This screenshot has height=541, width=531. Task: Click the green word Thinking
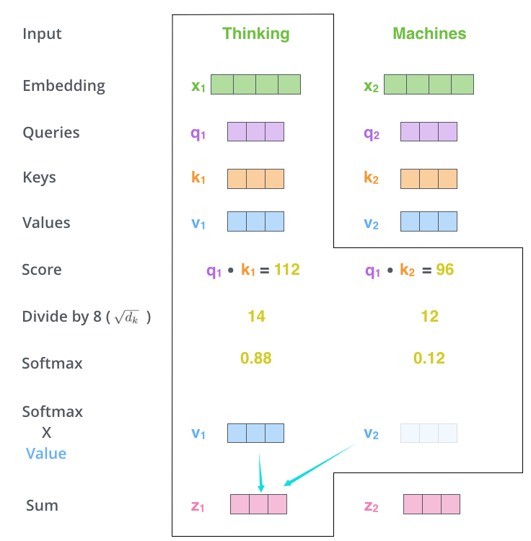[x=255, y=34]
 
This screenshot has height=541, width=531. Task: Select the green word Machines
[x=429, y=33]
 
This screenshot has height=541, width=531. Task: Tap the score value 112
[x=286, y=269]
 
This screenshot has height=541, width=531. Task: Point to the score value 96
[x=444, y=269]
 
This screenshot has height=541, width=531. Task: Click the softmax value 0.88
[x=256, y=358]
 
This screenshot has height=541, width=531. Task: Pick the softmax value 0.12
[x=429, y=358]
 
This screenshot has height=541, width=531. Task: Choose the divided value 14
[x=256, y=316]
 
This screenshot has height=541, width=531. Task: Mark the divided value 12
[x=429, y=316]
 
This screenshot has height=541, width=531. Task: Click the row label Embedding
[x=63, y=86]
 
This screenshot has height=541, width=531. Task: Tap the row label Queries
[x=51, y=133]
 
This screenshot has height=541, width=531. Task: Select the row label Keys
[x=40, y=177]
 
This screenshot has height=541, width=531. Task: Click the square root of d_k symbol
[x=127, y=317]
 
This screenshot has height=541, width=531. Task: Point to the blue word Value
[x=46, y=454]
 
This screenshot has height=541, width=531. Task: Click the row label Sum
[x=42, y=506]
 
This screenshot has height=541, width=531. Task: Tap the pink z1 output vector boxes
[x=258, y=504]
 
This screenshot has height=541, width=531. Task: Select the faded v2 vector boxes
[x=429, y=433]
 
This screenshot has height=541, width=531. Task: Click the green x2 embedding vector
[x=429, y=84]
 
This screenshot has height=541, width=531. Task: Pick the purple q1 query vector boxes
[x=255, y=131]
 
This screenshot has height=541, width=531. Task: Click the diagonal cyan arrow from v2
[x=320, y=465]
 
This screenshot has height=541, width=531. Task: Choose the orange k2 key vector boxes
[x=429, y=179]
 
